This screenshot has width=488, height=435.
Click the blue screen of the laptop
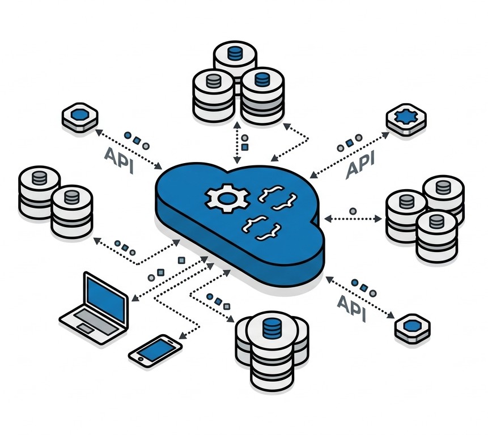(x=105, y=297)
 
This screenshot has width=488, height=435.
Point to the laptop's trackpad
(x=86, y=329)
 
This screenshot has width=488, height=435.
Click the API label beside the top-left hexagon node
(x=120, y=160)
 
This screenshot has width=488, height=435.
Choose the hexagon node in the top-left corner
(x=79, y=117)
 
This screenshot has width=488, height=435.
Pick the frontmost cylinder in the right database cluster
(x=436, y=235)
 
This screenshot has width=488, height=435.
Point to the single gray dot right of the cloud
(x=353, y=211)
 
